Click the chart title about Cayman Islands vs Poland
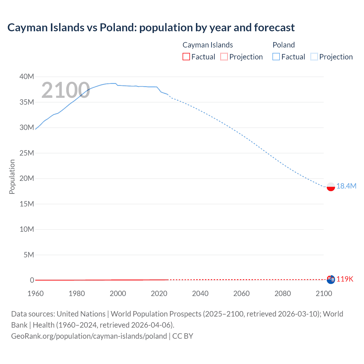click(x=151, y=28)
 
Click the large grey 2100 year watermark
click(x=66, y=90)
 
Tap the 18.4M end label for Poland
click(x=346, y=186)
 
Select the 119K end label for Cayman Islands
click(x=345, y=279)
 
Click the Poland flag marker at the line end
click(x=331, y=187)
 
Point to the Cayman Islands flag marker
click(x=331, y=280)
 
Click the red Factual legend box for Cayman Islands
click(x=186, y=57)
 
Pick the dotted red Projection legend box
click(x=224, y=57)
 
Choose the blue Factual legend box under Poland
click(x=276, y=57)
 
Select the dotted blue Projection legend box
click(x=314, y=57)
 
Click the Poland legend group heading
click(x=284, y=45)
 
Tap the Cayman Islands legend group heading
click(x=208, y=45)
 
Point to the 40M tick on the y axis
click(x=27, y=76)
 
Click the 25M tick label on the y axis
click(x=27, y=153)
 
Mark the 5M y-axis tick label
click(x=28, y=255)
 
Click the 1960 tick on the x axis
click(x=36, y=293)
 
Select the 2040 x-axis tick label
click(x=200, y=293)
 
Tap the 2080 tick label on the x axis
click(x=283, y=293)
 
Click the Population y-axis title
click(x=12, y=177)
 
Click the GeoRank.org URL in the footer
click(x=89, y=336)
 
